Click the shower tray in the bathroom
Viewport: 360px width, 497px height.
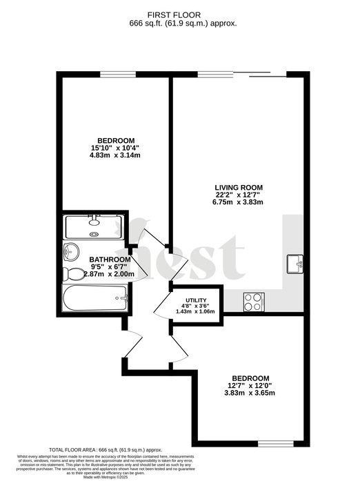tap(94, 226)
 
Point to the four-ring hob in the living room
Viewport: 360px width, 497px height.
tap(253, 301)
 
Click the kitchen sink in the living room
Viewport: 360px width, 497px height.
tap(296, 263)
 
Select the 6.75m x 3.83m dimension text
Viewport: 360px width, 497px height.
tap(239, 204)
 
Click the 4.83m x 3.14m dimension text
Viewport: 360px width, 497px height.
tap(116, 156)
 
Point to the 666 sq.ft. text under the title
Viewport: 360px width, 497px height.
tap(183, 23)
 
